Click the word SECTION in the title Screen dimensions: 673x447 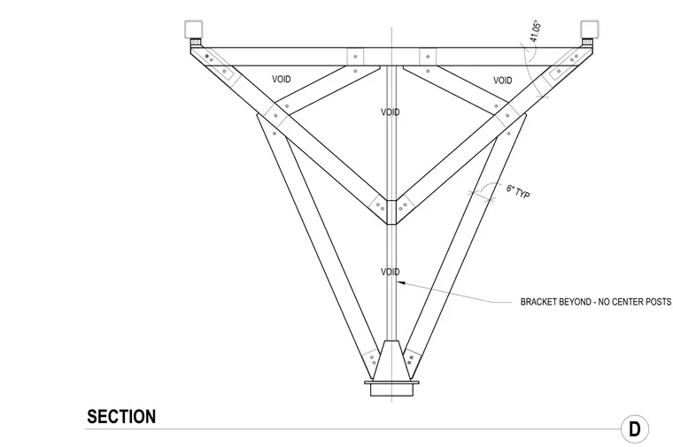[x=121, y=417]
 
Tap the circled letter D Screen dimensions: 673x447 [x=635, y=428]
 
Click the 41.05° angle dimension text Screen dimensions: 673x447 [x=535, y=31]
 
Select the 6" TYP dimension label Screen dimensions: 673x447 [x=518, y=191]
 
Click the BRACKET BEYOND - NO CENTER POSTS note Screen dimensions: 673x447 [x=596, y=302]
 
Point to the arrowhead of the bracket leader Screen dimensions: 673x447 [x=400, y=282]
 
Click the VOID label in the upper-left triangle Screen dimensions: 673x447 [x=281, y=79]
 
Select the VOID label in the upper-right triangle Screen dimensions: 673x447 [x=502, y=81]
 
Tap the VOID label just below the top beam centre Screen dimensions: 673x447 [x=391, y=112]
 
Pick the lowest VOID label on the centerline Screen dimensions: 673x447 [x=391, y=272]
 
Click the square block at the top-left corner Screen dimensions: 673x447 [x=193, y=29]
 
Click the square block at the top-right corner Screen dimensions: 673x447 [x=590, y=29]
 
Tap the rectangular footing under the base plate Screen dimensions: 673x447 [x=391, y=390]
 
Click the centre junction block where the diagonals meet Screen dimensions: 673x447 [x=391, y=212]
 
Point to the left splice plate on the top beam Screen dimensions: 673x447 [x=355, y=57]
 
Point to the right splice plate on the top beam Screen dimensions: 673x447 [x=428, y=57]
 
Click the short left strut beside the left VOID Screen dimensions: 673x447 [x=327, y=90]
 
